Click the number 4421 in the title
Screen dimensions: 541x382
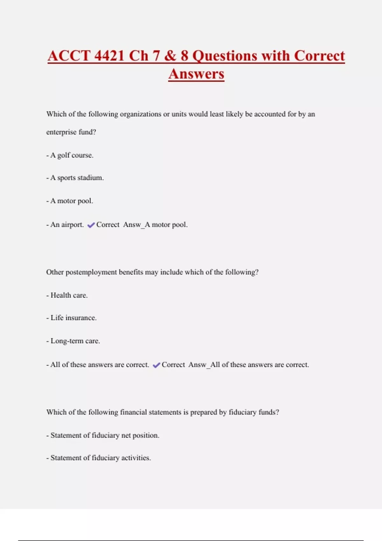pyautogui.click(x=109, y=56)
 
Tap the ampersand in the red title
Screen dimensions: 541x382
pyautogui.click(x=170, y=56)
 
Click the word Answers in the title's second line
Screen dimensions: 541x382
pyautogui.click(x=196, y=74)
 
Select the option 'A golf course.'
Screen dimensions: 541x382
pyautogui.click(x=72, y=155)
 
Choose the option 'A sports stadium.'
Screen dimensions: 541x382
pyautogui.click(x=77, y=178)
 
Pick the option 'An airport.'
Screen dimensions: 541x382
pyautogui.click(x=67, y=225)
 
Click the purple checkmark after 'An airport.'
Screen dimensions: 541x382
pyautogui.click(x=91, y=225)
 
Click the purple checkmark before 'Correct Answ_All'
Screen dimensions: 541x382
pyautogui.click(x=156, y=365)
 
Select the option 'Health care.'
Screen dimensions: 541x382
pyautogui.click(x=69, y=295)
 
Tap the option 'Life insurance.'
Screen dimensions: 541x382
pyautogui.click(x=73, y=318)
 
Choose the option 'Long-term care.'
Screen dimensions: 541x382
pyautogui.click(x=75, y=341)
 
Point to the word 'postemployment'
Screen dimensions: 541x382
pyautogui.click(x=91, y=272)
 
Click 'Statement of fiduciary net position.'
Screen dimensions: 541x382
pyautogui.click(x=105, y=435)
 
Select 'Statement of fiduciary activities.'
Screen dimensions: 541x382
pyautogui.click(x=101, y=458)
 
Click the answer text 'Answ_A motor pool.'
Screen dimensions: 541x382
pyautogui.click(x=155, y=225)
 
